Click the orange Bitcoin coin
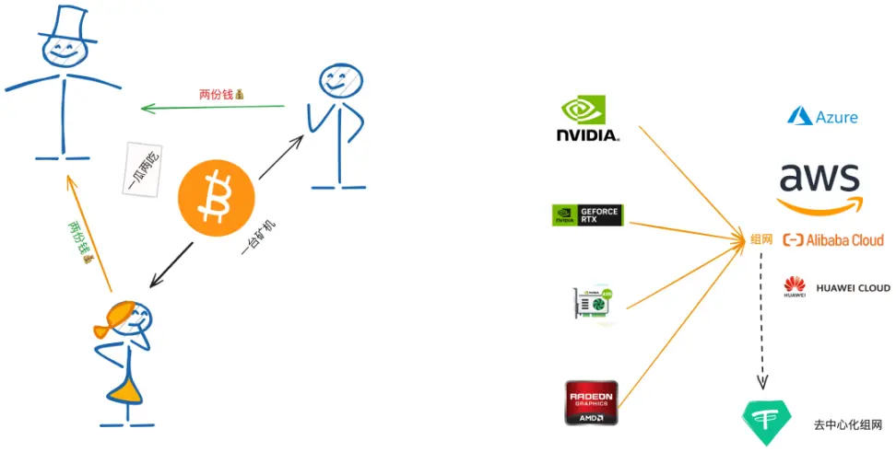tap(215, 196)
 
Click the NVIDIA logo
tap(588, 120)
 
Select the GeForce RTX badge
tap(586, 215)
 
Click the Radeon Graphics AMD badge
tap(592, 402)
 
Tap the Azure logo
tap(822, 117)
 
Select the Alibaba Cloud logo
tap(832, 240)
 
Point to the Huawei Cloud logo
tap(836, 288)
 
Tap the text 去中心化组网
tap(848, 424)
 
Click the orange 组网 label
tap(760, 240)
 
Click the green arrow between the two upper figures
tap(212, 108)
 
